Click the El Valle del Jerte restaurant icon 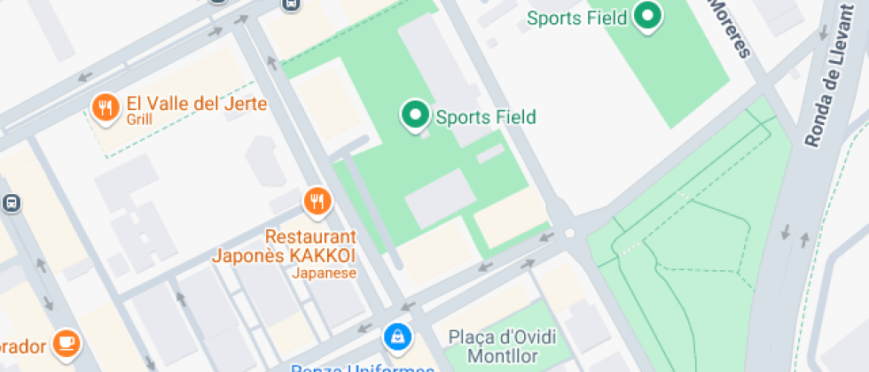click(x=106, y=108)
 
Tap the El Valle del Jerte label click(x=197, y=104)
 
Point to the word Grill click(x=140, y=120)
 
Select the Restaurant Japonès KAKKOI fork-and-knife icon click(x=317, y=201)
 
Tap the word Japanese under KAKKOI click(x=325, y=273)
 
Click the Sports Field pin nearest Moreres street click(x=649, y=16)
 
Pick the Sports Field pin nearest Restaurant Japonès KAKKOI click(x=413, y=115)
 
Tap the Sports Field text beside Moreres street click(x=577, y=18)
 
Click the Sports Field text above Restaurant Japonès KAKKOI click(x=486, y=117)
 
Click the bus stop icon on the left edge click(x=11, y=203)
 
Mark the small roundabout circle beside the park click(x=569, y=233)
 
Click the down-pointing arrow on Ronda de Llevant click(x=785, y=232)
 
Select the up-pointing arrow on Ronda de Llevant click(x=805, y=239)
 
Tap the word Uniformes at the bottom click(x=390, y=368)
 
